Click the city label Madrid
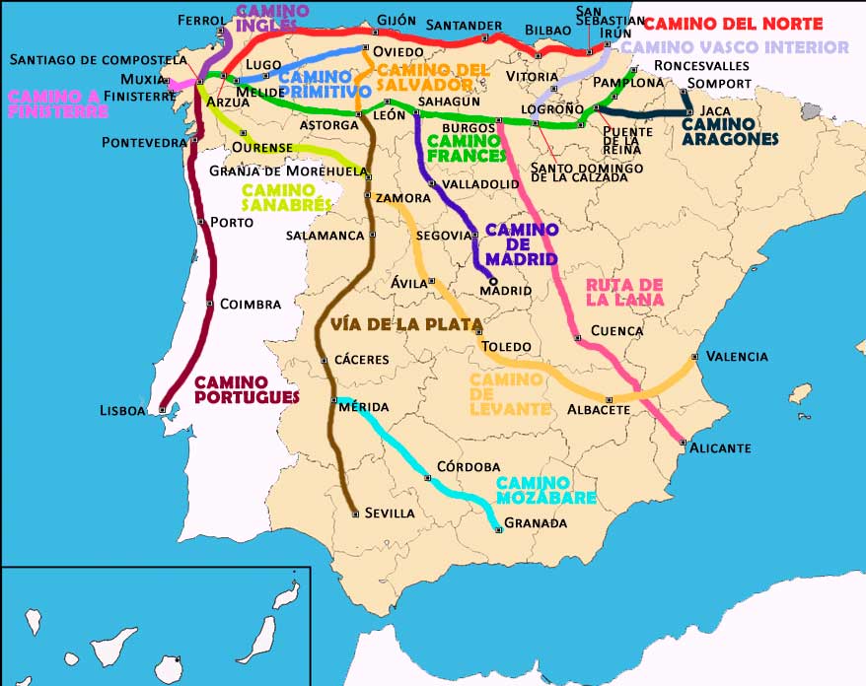point(505,291)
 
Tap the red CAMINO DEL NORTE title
point(732,23)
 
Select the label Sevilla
point(390,514)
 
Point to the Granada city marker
point(498,530)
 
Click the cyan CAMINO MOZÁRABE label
point(545,490)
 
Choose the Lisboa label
point(123,410)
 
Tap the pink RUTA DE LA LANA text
point(624,292)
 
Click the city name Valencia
point(737,357)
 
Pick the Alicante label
point(720,448)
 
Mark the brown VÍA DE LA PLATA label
point(405,323)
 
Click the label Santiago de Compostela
point(98,60)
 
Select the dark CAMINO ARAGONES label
point(730,132)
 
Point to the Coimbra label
point(251,305)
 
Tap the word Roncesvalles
point(702,66)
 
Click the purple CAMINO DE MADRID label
point(522,244)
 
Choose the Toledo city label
point(506,347)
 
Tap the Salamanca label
point(325,236)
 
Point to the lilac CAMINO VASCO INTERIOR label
point(734,47)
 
